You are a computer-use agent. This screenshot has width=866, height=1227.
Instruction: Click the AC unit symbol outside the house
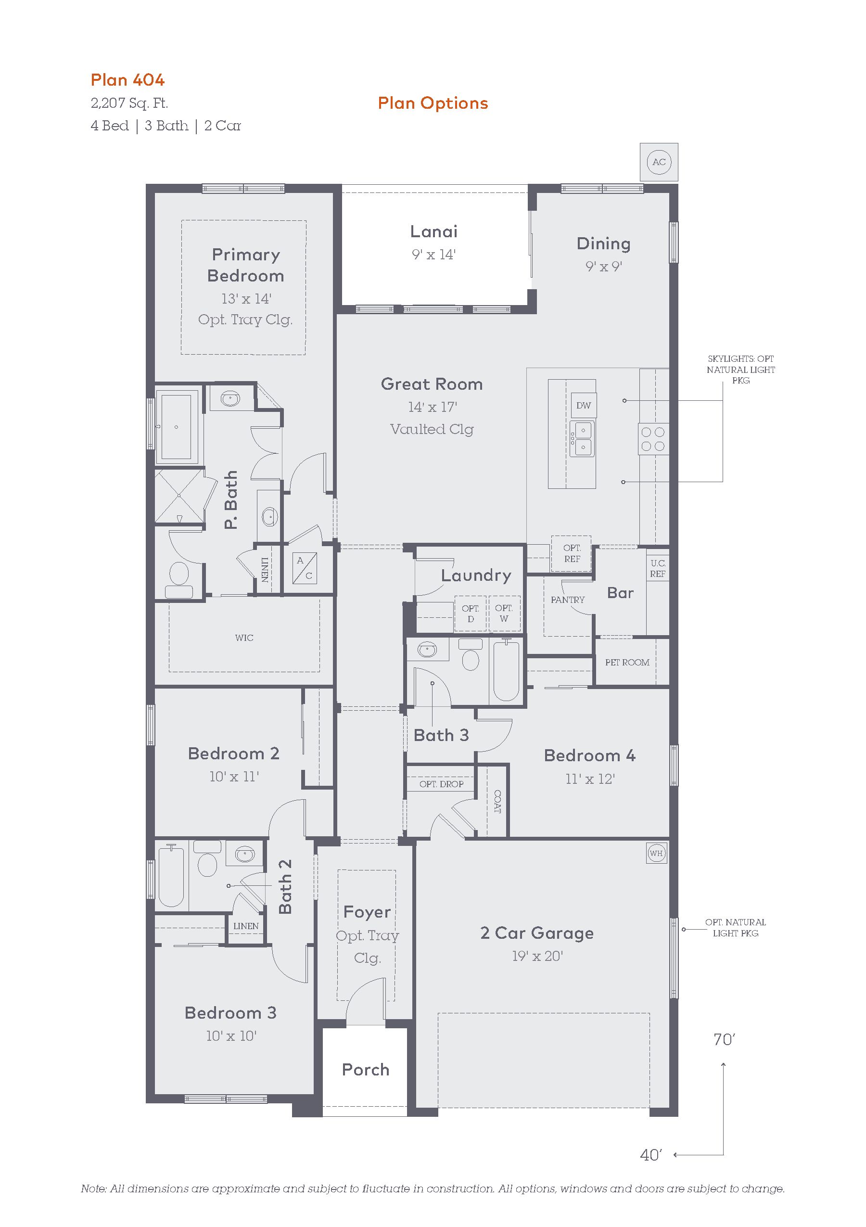click(659, 162)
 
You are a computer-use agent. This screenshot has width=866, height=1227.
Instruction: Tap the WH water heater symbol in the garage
click(656, 854)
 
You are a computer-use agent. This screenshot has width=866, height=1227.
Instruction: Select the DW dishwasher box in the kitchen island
click(584, 406)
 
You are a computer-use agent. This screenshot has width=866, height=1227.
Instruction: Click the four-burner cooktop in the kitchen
click(652, 439)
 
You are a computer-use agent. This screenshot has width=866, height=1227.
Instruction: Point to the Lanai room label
click(434, 231)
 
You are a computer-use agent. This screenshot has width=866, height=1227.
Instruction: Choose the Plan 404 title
click(127, 80)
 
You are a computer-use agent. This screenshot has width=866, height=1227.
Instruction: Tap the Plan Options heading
click(433, 103)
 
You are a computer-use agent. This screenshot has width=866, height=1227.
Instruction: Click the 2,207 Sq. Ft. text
click(129, 103)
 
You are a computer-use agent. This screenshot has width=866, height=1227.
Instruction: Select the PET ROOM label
click(627, 662)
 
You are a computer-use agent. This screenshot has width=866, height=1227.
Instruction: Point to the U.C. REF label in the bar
click(658, 568)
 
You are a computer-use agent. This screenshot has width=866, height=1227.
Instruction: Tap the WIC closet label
click(244, 638)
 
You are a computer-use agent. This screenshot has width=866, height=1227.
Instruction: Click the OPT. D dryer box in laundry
click(471, 614)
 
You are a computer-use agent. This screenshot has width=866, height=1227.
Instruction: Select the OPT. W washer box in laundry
click(504, 614)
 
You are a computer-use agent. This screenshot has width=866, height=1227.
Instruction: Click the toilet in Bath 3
click(470, 655)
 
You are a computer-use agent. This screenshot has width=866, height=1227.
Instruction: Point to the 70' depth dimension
click(725, 1039)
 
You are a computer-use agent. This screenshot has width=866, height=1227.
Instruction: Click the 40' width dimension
click(650, 1155)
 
